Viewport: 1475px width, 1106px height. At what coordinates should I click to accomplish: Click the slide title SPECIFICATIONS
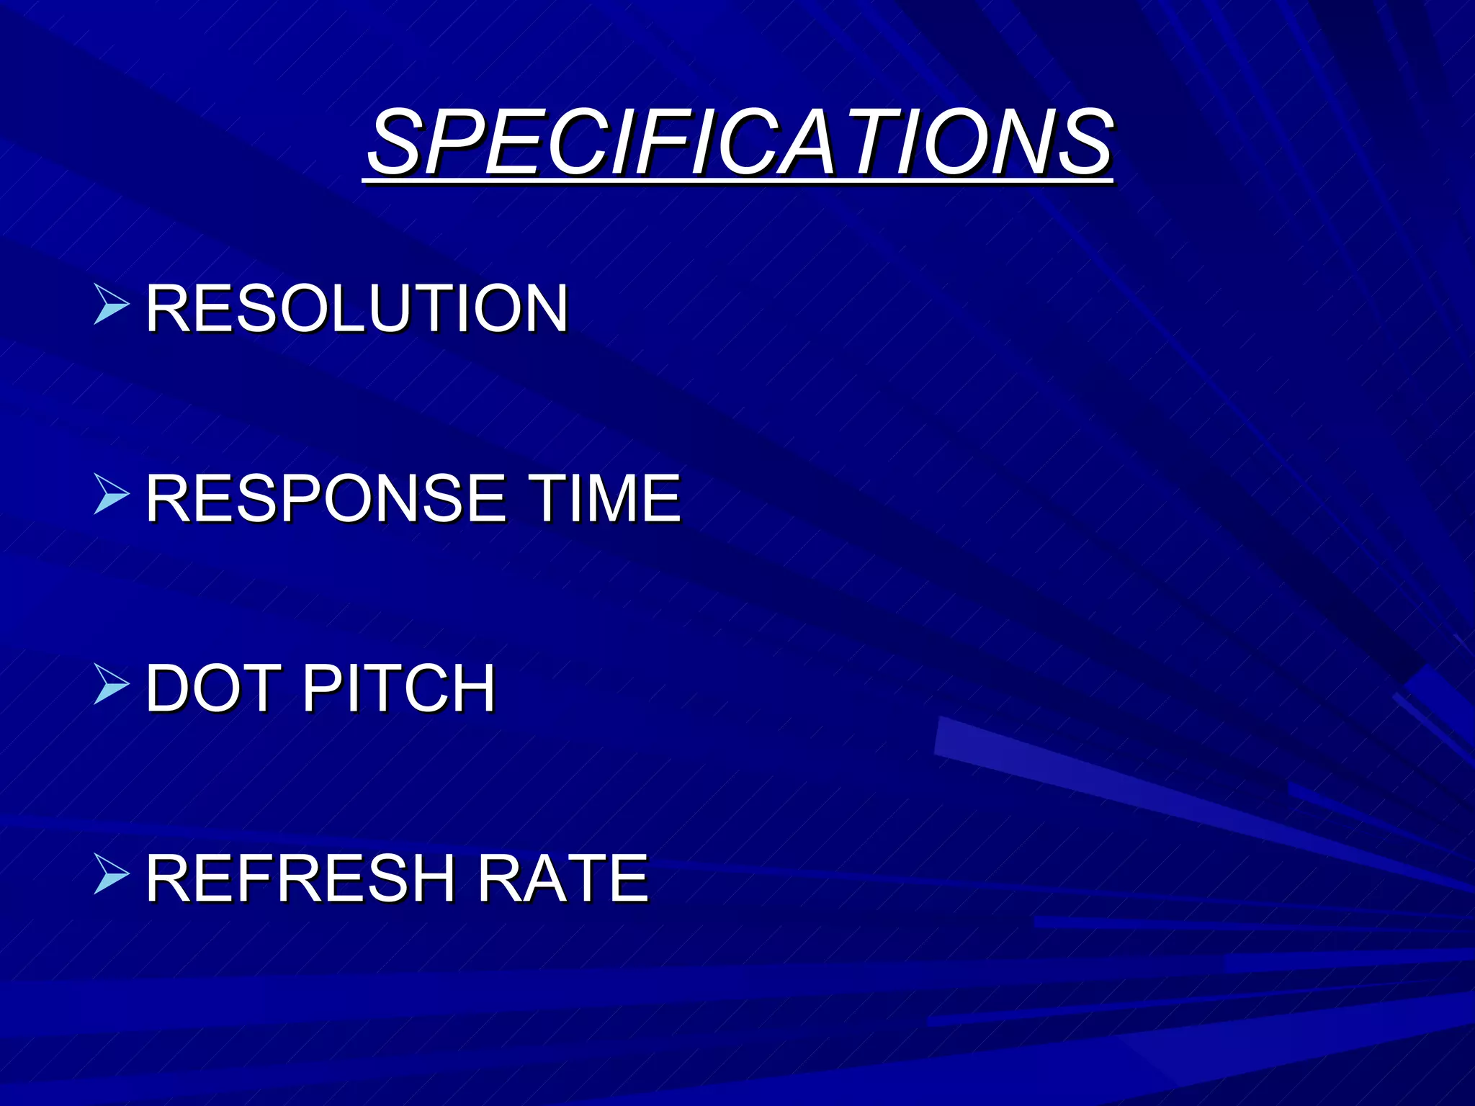coord(740,142)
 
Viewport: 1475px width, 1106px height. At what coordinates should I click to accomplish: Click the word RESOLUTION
coord(357,308)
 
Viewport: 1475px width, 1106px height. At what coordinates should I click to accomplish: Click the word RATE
coord(563,878)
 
